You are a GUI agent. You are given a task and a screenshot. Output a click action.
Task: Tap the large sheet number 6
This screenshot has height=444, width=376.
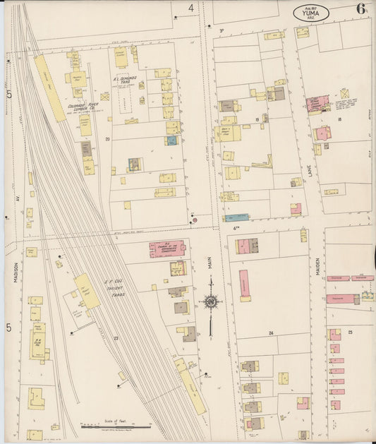coord(360,9)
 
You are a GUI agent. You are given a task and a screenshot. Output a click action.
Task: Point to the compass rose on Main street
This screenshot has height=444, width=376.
coord(210,302)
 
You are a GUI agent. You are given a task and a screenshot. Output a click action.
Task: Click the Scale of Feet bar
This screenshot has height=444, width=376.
coord(116,426)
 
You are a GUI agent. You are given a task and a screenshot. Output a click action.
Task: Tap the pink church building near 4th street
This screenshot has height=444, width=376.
coord(167,248)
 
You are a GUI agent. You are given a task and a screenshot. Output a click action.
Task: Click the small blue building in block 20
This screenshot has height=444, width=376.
coord(171,140)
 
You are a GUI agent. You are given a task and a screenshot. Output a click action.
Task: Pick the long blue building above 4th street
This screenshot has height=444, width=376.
coord(236,217)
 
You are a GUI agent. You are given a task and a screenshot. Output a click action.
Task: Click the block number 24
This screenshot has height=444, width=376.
coord(270,332)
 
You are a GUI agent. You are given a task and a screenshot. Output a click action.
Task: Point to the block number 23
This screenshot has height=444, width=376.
coord(115,338)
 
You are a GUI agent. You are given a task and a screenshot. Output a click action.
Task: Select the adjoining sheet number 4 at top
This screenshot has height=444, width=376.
coord(190,8)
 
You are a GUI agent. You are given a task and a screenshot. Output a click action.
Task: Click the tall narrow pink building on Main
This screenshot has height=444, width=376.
coord(244,285)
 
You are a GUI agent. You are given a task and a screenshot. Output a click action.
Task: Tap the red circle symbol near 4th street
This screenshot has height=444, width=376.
coord(194,220)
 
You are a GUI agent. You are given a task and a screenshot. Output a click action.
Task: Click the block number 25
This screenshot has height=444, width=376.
coord(349,331)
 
